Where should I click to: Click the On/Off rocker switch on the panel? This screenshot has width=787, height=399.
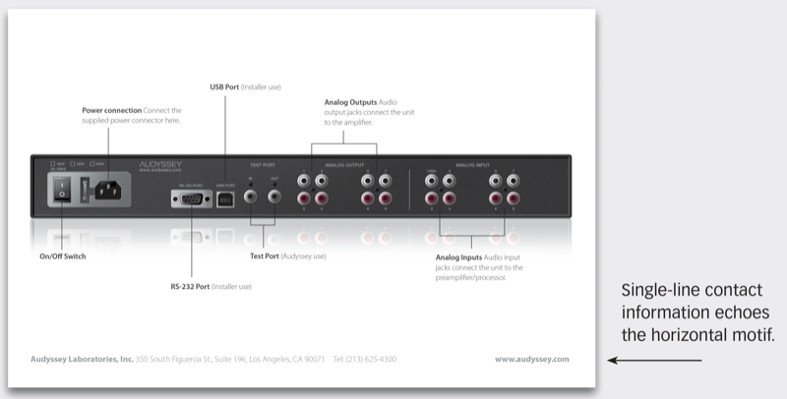[x=62, y=193]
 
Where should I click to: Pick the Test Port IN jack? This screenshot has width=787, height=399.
[x=253, y=197]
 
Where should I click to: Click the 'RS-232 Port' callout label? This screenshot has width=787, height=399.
[x=193, y=286]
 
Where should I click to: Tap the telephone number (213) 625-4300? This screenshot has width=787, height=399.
[x=377, y=360]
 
